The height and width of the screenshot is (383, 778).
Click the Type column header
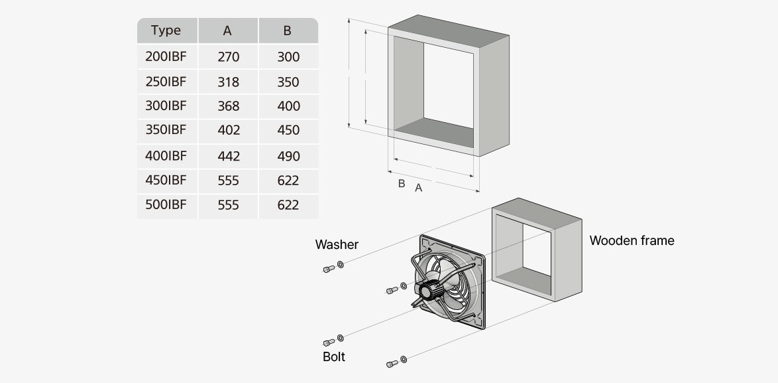[166, 31]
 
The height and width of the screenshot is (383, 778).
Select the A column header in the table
[227, 31]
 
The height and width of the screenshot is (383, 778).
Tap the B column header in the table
[287, 31]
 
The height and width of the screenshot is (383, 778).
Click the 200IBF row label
[166, 56]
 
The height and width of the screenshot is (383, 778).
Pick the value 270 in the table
[228, 57]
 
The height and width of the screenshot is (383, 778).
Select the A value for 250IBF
[228, 82]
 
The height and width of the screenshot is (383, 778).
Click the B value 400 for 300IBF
[288, 106]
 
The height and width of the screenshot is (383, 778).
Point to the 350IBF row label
[166, 129]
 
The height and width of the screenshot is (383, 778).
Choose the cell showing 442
[228, 156]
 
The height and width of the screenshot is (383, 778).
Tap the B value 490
[288, 156]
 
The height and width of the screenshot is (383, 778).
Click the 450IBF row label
[166, 180]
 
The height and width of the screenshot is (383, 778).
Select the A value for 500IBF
[228, 205]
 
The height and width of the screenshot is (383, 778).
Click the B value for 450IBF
[288, 181]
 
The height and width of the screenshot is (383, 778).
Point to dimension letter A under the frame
[419, 188]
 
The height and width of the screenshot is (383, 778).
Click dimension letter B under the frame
[401, 183]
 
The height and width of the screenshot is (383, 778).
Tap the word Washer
[337, 244]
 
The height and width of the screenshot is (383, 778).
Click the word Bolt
[334, 357]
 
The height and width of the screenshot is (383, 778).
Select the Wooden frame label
[632, 240]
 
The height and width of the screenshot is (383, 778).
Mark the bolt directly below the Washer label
[328, 268]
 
